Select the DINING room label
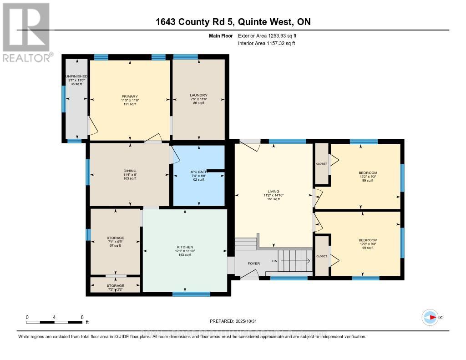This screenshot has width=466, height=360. point(130,171)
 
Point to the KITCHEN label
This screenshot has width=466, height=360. point(185,247)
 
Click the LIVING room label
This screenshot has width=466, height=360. point(274,192)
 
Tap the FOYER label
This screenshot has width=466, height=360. point(253,263)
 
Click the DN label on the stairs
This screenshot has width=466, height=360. point(274,261)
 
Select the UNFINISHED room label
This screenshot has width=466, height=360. point(76,76)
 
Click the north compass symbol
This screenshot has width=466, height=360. point(429,317)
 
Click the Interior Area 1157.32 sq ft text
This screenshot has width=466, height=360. point(267,43)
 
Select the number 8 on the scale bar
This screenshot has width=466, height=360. point(82,317)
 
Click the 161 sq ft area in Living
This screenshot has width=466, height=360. point(274,199)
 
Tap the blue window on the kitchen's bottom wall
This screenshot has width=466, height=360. point(191,294)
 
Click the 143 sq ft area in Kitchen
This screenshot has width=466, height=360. point(185,254)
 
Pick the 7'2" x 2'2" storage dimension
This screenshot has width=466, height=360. point(115,289)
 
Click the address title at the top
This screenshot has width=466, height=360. point(233,22)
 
